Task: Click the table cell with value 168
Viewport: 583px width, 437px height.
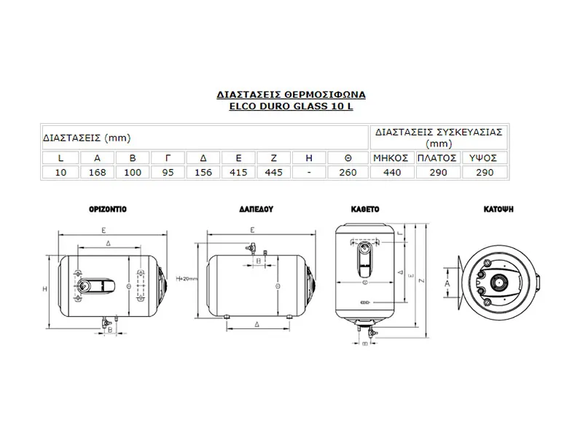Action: coord(96,172)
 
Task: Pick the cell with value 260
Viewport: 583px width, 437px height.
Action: coord(347,172)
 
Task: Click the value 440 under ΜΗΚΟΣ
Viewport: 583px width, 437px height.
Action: coord(392,172)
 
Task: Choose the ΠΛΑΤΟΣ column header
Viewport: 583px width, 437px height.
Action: coord(437,157)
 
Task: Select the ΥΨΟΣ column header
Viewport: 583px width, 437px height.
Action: coord(482,157)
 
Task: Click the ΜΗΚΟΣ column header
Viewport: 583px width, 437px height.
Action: coord(392,157)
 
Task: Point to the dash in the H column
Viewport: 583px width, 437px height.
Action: coord(310,172)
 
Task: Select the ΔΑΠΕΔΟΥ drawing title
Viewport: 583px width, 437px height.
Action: coord(255,208)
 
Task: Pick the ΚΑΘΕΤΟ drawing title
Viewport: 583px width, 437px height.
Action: coord(365,208)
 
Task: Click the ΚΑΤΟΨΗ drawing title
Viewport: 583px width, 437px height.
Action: coord(499,208)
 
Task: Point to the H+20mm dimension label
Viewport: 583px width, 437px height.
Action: coord(188,279)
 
